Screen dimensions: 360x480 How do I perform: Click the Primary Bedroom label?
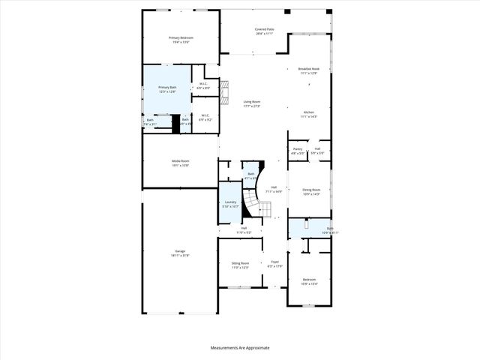(x=181, y=37)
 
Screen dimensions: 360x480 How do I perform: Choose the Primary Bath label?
(x=167, y=87)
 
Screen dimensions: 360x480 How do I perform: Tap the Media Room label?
(x=180, y=160)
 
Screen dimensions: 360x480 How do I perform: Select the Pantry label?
(x=298, y=149)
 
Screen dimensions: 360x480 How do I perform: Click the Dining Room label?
(x=310, y=190)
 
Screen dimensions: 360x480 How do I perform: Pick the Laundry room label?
(x=231, y=202)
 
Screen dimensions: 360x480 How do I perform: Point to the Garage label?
(x=180, y=251)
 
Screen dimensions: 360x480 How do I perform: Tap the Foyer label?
(x=274, y=262)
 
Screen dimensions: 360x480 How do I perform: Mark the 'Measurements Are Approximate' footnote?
(x=240, y=347)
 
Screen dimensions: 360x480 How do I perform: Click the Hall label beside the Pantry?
(x=317, y=149)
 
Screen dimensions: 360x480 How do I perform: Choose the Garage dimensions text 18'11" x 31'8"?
(x=180, y=256)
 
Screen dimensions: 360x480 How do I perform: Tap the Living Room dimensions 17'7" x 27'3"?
(x=251, y=106)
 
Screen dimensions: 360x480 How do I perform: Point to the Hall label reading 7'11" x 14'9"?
(x=274, y=191)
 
